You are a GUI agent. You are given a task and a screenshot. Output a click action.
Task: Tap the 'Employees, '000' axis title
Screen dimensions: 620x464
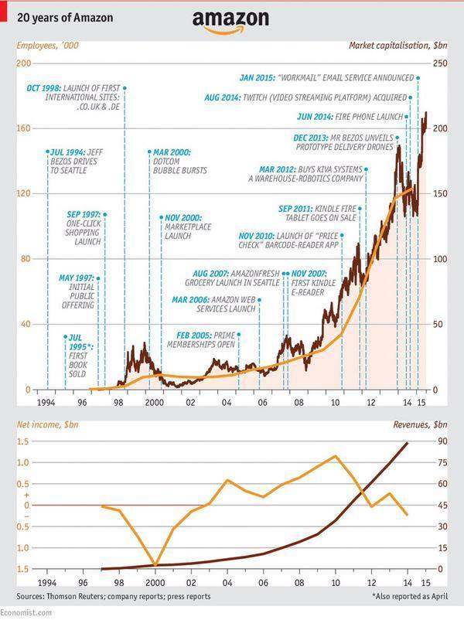(46, 46)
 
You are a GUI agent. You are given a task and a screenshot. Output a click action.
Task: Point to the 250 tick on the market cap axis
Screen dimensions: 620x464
(439, 63)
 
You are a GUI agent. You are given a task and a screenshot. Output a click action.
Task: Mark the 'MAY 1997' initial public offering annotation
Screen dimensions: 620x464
(76, 288)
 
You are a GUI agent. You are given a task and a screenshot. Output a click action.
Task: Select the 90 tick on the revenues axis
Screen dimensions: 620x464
(439, 441)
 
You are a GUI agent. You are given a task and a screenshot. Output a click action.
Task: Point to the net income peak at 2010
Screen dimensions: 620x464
(335, 456)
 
